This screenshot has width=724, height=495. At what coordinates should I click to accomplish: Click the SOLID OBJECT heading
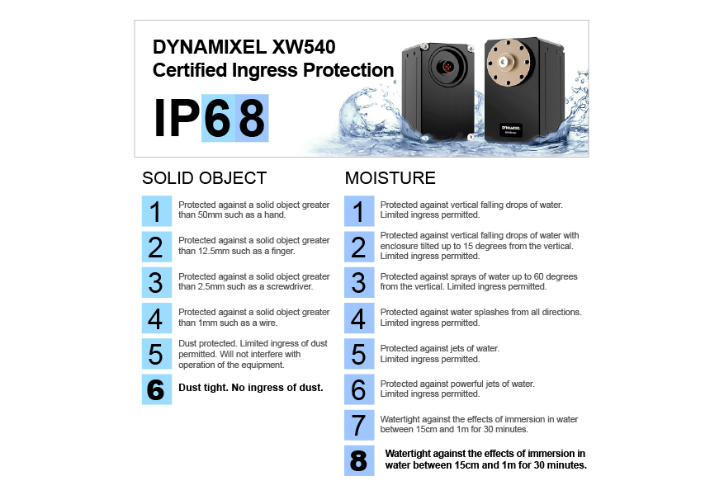[x=204, y=178]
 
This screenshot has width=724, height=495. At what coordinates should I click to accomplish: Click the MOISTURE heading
[x=390, y=178]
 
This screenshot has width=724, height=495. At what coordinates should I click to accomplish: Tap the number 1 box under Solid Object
[x=156, y=211]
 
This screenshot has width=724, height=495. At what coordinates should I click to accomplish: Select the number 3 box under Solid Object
[x=156, y=282]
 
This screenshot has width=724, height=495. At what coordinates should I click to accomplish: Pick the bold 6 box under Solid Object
[x=156, y=389]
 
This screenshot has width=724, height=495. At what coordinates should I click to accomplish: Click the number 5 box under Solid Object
[x=156, y=353]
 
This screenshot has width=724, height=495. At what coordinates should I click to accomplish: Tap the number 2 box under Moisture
[x=358, y=247]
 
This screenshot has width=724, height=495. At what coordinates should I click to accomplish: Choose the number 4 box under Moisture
[x=358, y=318]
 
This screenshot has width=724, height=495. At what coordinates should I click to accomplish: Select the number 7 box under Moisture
[x=358, y=425]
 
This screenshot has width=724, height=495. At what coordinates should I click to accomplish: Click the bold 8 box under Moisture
[x=358, y=460]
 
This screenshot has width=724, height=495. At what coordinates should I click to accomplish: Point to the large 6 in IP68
[x=218, y=120]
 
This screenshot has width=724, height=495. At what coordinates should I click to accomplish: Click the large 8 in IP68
[x=252, y=120]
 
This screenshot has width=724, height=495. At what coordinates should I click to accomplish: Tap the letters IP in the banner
[x=177, y=120]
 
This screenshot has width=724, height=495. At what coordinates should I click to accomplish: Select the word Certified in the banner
[x=186, y=70]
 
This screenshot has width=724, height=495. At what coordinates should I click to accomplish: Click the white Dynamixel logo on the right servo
[x=513, y=128]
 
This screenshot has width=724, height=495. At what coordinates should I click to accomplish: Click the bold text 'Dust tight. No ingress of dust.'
[x=251, y=387]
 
